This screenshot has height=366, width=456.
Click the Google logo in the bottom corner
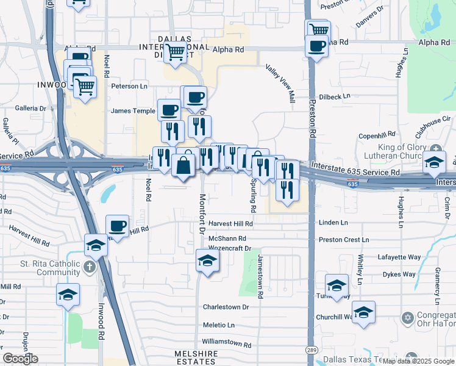[21, 359]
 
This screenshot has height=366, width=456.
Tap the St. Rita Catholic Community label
[50, 268]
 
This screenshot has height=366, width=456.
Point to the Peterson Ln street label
[129, 86]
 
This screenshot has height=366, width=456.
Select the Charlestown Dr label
[226, 307]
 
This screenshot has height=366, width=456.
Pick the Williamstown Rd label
[227, 345]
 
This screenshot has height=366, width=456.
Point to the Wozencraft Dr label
[230, 248]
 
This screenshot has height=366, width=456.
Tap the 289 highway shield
[312, 350]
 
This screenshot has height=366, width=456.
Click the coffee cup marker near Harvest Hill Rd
[118, 226]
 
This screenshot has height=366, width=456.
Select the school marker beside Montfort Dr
[207, 260]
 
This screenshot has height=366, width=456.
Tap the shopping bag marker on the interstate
[183, 164]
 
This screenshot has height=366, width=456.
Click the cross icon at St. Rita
[90, 267]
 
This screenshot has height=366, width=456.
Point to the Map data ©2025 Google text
[418, 361]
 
